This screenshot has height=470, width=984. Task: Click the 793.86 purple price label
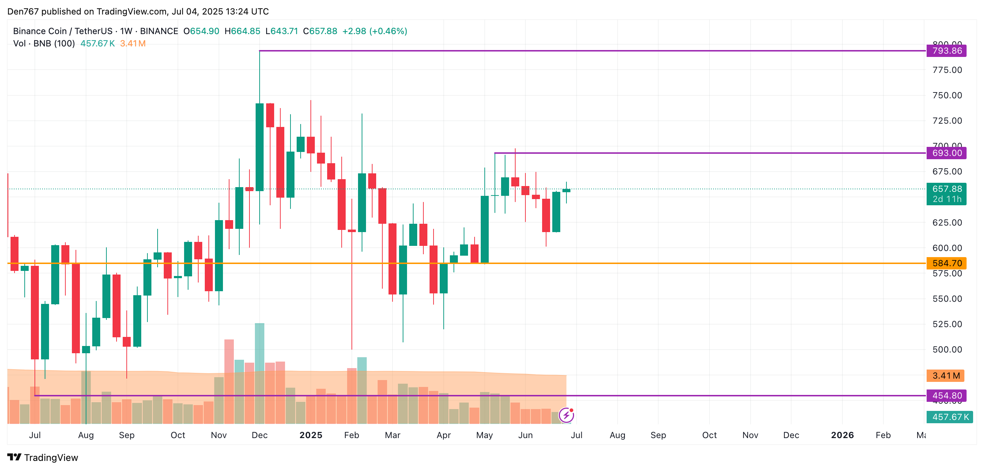pyautogui.click(x=946, y=51)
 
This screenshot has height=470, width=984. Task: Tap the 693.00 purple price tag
pyautogui.click(x=946, y=153)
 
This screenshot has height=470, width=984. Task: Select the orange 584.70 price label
pyautogui.click(x=946, y=263)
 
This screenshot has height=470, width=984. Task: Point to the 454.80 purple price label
pyautogui.click(x=946, y=396)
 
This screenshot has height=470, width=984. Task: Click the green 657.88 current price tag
pyautogui.click(x=946, y=189)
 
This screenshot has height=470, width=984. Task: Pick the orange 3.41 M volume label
pyautogui.click(x=946, y=376)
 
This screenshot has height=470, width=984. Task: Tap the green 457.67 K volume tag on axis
pyautogui.click(x=950, y=417)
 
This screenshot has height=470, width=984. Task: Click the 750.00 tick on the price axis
pyautogui.click(x=947, y=95)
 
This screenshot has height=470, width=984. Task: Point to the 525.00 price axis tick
pyautogui.click(x=947, y=324)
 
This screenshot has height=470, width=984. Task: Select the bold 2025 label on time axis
pyautogui.click(x=310, y=435)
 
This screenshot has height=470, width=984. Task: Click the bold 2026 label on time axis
pyautogui.click(x=842, y=435)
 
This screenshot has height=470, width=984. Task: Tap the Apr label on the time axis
pyautogui.click(x=443, y=435)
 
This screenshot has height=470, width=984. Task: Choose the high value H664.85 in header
pyautogui.click(x=242, y=31)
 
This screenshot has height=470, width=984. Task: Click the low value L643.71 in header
pyautogui.click(x=281, y=31)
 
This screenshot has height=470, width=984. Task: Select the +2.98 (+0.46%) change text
pyautogui.click(x=374, y=31)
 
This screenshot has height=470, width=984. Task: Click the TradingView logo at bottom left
pyautogui.click(x=42, y=457)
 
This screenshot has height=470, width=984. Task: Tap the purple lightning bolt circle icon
pyautogui.click(x=566, y=415)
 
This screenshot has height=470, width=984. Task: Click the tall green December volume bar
pyautogui.click(x=259, y=347)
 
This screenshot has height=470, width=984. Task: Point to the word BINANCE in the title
pyautogui.click(x=159, y=31)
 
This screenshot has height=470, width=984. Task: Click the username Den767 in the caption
pyautogui.click(x=23, y=12)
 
